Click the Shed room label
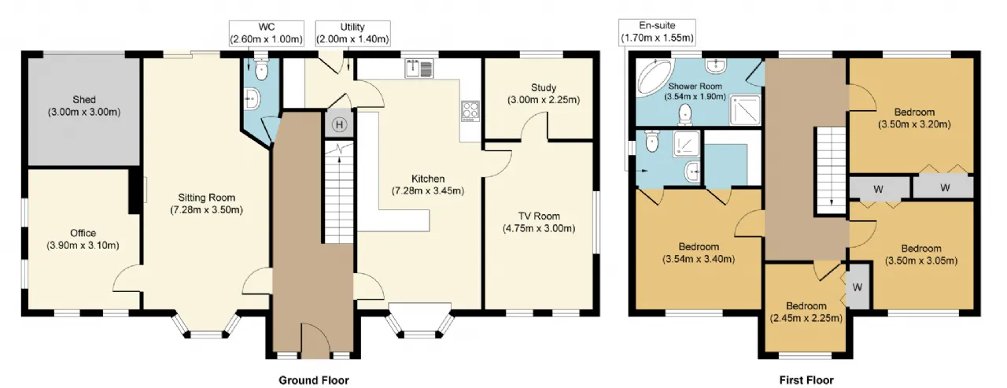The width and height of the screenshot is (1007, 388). pyautogui.click(x=84, y=105)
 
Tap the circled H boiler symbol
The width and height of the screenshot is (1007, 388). pyautogui.click(x=339, y=124)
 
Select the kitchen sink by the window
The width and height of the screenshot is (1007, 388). pyautogui.click(x=419, y=68)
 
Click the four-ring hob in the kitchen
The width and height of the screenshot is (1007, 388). pyautogui.click(x=470, y=111)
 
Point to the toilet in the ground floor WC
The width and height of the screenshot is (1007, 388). pyautogui.click(x=260, y=68)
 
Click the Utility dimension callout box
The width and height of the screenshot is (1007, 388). pyautogui.click(x=352, y=33)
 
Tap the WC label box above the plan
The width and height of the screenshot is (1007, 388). pyautogui.click(x=267, y=33)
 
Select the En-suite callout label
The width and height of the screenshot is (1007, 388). pyautogui.click(x=657, y=32)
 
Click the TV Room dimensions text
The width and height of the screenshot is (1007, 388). pyautogui.click(x=539, y=228)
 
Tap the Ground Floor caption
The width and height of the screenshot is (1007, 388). pyautogui.click(x=314, y=380)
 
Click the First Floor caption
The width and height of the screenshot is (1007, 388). pyautogui.click(x=806, y=380)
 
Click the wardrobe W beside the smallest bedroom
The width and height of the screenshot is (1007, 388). pyautogui.click(x=858, y=286)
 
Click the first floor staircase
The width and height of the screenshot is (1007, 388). pyautogui.click(x=832, y=170)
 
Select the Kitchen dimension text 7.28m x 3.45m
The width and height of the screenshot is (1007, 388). pyautogui.click(x=427, y=190)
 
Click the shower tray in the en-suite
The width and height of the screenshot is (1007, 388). pyautogui.click(x=687, y=144)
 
